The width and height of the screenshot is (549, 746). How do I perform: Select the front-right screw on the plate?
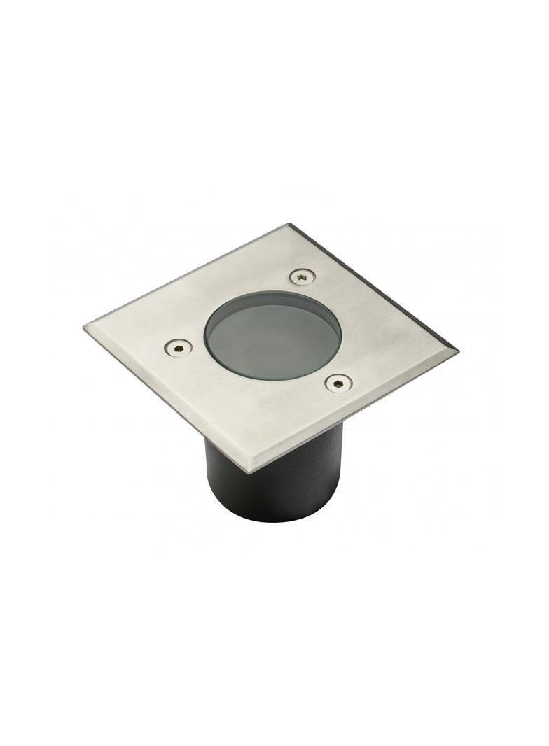click(x=339, y=382)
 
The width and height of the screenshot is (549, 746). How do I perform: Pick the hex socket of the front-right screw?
click(x=339, y=382)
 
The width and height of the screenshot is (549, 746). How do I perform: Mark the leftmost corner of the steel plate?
click(x=85, y=328)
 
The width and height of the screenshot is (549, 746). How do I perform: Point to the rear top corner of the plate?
click(x=289, y=225)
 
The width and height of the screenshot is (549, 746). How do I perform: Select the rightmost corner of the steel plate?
click(x=457, y=349)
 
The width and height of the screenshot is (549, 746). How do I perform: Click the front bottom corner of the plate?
click(x=251, y=472)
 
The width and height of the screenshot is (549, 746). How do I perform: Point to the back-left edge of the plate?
click(x=186, y=276)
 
